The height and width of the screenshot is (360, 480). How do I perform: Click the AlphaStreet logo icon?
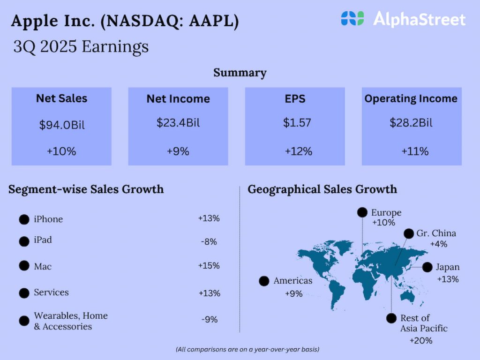point(352,19)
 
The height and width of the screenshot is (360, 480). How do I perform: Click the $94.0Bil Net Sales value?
point(61,125)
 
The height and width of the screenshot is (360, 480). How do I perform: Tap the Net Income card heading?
point(178,99)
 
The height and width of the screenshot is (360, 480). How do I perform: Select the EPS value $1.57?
point(295,123)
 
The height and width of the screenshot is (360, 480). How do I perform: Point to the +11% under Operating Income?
point(415,151)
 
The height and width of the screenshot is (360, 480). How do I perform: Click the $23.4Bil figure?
point(178,123)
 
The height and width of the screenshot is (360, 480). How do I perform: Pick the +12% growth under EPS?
point(299,151)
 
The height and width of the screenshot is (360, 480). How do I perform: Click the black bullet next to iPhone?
point(24,219)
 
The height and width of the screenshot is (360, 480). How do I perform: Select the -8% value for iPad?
point(209,242)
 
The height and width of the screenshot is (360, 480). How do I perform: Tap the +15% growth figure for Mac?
point(209,266)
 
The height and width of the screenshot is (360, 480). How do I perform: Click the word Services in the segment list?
point(51,292)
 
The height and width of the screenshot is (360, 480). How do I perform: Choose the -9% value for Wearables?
point(209,320)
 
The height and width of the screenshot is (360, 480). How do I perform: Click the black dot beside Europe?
point(362,213)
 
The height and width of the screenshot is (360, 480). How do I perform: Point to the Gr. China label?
point(436,233)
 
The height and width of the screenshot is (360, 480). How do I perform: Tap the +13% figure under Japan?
point(448,279)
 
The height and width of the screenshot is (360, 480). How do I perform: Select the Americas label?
point(292,281)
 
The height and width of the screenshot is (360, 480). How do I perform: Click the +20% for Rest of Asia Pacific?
point(421,340)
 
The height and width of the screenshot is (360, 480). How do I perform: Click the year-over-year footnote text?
point(247,350)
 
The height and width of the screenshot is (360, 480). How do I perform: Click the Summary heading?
point(240,73)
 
